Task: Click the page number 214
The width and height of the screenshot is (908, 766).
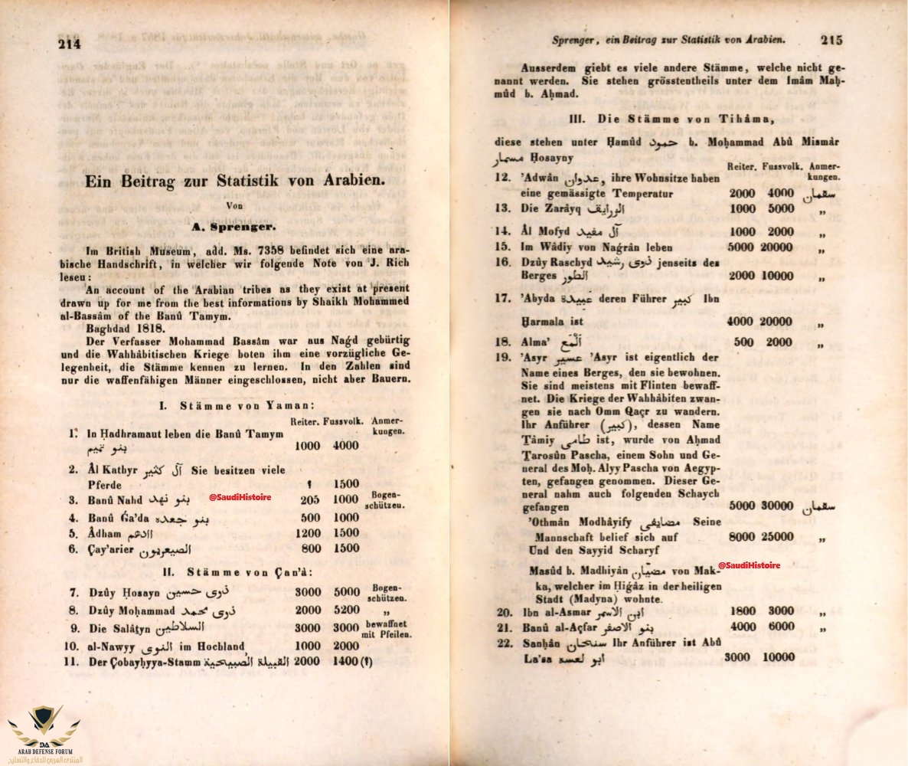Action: [x=70, y=44]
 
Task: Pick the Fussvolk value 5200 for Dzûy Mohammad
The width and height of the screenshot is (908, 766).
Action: [x=346, y=611]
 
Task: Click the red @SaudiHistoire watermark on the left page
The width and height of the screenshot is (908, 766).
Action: [x=240, y=497]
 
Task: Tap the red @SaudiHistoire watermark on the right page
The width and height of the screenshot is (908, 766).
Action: [x=749, y=565]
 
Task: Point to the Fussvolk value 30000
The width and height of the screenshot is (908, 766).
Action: [x=776, y=506]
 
